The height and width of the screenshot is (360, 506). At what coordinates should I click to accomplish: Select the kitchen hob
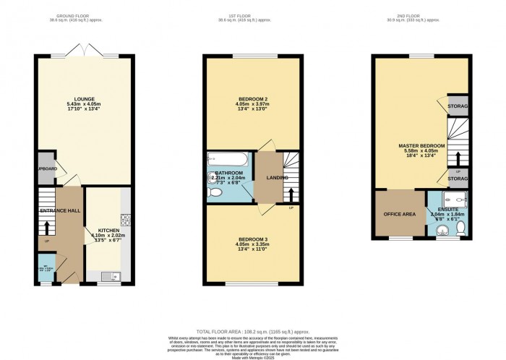(126, 218)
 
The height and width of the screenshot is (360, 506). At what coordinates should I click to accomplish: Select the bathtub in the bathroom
(218, 160)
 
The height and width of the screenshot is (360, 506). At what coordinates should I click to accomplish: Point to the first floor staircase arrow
(291, 194)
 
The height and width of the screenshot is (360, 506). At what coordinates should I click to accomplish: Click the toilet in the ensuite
(461, 230)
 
